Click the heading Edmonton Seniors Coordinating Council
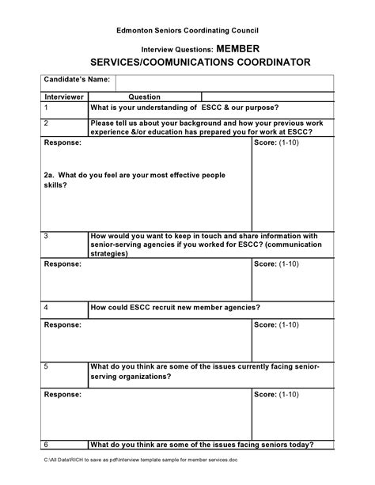tap(187, 29)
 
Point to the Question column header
tap(145, 97)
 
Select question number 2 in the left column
tap(47, 124)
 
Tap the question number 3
tap(47, 236)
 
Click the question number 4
tap(47, 307)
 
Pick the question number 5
tap(47, 367)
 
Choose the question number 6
tap(47, 445)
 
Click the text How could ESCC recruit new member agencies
tap(176, 307)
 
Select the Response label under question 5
tap(62, 393)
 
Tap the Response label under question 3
tap(62, 263)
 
